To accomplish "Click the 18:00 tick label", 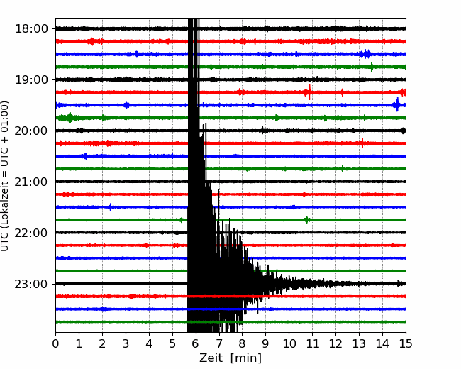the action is (31, 29).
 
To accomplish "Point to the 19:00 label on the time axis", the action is (31, 79).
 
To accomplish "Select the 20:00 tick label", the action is (31, 131).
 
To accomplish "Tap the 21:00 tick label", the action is (31, 182).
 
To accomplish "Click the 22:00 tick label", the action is (31, 233).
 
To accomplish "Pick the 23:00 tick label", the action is (31, 284).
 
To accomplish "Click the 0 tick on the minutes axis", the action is (55, 343).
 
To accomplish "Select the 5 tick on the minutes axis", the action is (172, 343).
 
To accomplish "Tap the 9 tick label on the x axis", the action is (266, 343).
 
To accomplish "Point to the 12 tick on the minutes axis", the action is (335, 343).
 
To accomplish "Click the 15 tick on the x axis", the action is (406, 343).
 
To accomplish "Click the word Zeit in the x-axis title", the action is (212, 358).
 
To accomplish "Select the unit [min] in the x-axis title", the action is (246, 358).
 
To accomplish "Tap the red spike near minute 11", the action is (309, 92).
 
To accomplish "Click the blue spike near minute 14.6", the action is (397, 104).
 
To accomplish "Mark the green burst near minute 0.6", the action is (70, 118).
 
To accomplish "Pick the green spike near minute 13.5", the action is (372, 67).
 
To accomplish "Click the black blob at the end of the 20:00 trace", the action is (404, 131).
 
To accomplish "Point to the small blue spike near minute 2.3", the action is (110, 207).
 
